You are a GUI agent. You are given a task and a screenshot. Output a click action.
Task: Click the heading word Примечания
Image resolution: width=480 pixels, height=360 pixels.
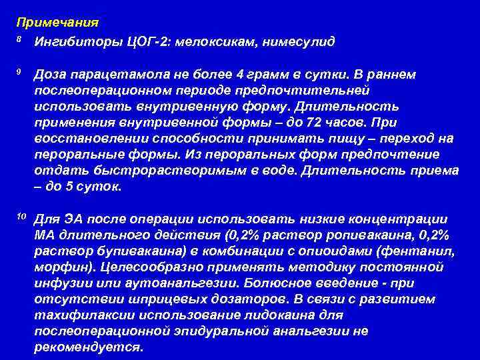pos(57,22)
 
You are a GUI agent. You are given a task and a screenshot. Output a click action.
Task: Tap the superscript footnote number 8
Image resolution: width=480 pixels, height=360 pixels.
pos(19,39)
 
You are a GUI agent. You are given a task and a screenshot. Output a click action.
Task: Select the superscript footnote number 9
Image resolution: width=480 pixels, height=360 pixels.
pos(19,71)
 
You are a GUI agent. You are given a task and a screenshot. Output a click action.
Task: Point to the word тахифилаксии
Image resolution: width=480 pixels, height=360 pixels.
pos(79,315)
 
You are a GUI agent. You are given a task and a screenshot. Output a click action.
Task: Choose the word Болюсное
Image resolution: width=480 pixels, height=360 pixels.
pos(295,283)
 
